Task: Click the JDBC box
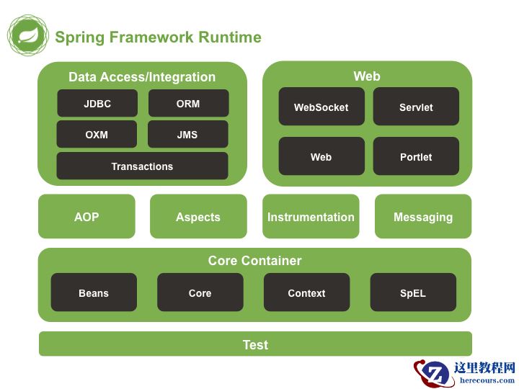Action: (x=97, y=103)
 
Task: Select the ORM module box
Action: (x=188, y=103)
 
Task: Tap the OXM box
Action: (x=97, y=134)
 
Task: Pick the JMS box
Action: (x=187, y=134)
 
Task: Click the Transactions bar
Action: (x=142, y=166)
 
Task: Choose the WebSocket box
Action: (x=321, y=107)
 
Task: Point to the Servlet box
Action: (x=416, y=107)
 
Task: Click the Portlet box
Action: (x=416, y=156)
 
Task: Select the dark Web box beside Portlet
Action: (x=321, y=156)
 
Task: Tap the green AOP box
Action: (x=86, y=216)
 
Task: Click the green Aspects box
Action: (x=198, y=216)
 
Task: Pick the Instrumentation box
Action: (x=311, y=216)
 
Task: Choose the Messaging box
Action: (x=423, y=216)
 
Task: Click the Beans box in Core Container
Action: (x=94, y=292)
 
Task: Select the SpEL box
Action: (x=413, y=292)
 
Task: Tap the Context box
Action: (x=306, y=292)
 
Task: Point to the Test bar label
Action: (x=255, y=344)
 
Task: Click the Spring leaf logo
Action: (x=28, y=35)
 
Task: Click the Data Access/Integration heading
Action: (x=142, y=77)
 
